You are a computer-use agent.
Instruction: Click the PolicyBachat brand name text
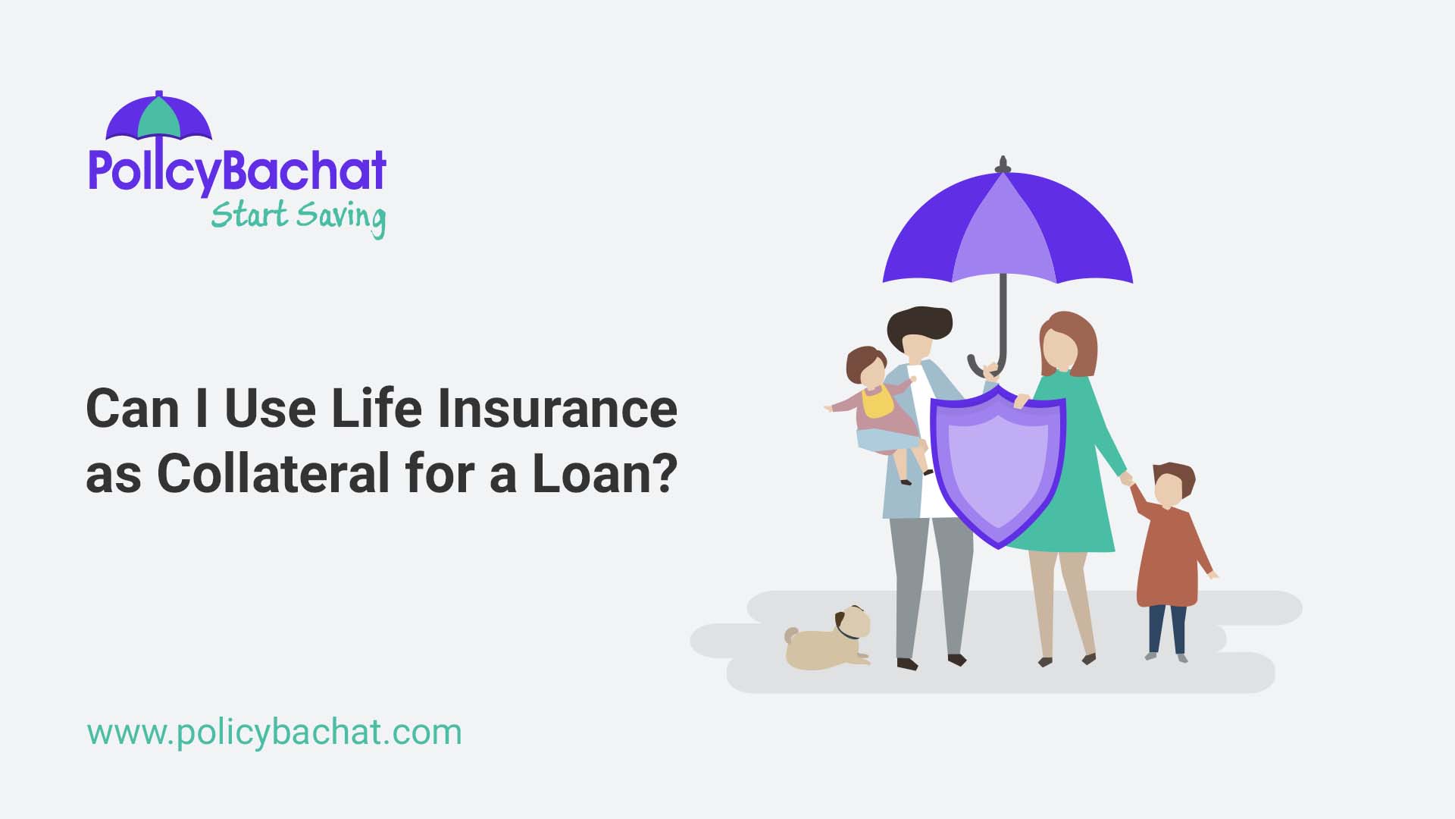click(237, 171)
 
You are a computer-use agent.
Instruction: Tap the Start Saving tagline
click(298, 216)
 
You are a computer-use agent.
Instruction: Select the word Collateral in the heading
click(274, 473)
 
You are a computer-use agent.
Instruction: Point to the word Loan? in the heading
click(604, 473)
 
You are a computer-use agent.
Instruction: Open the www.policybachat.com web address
click(274, 733)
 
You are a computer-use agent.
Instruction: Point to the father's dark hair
click(919, 322)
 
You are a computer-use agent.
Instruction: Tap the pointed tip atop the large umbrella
click(1003, 163)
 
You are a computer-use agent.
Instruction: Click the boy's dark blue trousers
click(1167, 628)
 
